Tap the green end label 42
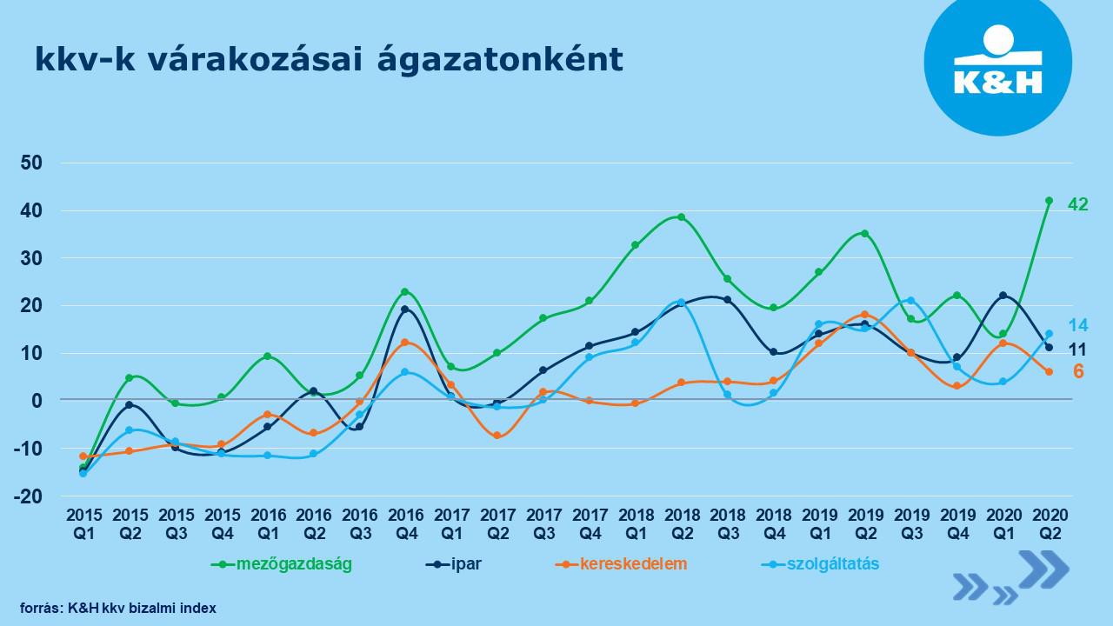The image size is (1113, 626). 1077,205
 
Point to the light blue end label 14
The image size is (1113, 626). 1077,325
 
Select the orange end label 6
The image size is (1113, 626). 1077,370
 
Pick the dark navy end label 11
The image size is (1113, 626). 1077,349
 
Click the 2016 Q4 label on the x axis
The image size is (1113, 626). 405,523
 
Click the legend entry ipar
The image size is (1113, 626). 466,563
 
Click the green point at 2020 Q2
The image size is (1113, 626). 1049,201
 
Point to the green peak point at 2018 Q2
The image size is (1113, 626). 681,217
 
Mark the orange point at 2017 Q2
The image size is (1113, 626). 497,435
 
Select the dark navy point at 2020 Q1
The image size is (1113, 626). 1003,296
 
